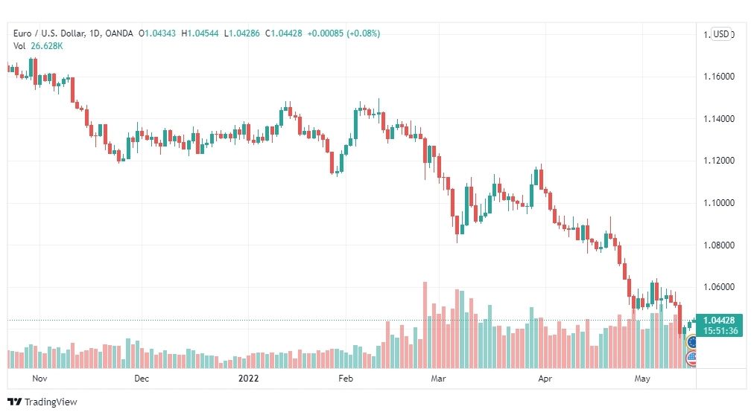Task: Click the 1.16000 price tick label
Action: (719, 77)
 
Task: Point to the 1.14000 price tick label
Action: (719, 118)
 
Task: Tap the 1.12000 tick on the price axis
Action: (719, 161)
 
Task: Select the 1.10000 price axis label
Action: (719, 203)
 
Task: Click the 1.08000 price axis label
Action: (719, 245)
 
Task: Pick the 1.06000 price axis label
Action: (719, 287)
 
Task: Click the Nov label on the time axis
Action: (39, 379)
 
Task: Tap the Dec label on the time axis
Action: (142, 379)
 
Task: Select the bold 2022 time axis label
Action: (249, 379)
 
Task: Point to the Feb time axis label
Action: (346, 379)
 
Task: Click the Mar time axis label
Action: (438, 379)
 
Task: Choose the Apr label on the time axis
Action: (545, 379)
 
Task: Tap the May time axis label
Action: (642, 379)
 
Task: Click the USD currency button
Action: (720, 34)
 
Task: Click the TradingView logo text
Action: (51, 402)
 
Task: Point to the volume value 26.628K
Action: (47, 46)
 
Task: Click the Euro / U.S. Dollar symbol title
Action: (49, 33)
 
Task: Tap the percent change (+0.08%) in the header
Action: (363, 33)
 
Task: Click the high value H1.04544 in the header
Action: (200, 33)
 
